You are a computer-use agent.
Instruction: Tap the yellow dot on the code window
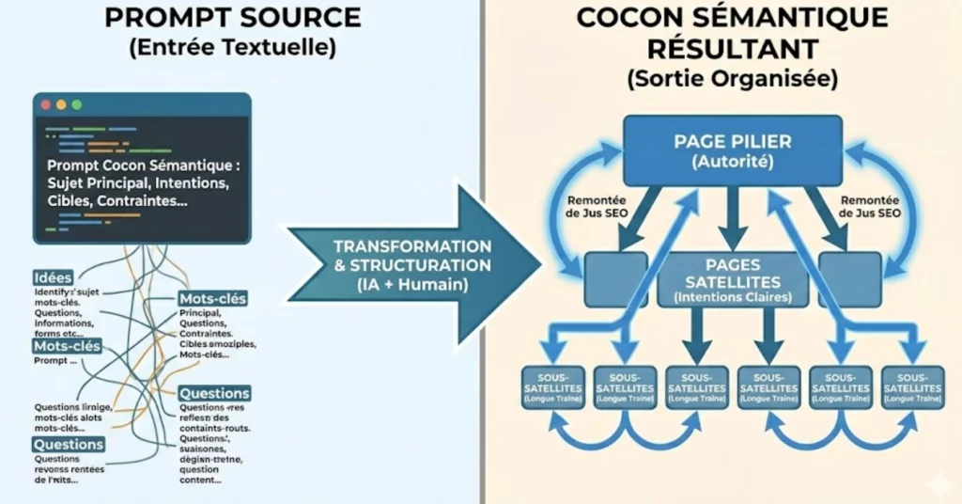click(x=61, y=104)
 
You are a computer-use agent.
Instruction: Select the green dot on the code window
click(x=76, y=104)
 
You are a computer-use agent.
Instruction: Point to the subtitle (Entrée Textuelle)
click(x=231, y=48)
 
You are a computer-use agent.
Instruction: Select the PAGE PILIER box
click(x=733, y=150)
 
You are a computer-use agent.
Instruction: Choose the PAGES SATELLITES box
click(x=734, y=280)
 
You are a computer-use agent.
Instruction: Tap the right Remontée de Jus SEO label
click(x=870, y=207)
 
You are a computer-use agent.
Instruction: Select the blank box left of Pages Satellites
click(x=615, y=279)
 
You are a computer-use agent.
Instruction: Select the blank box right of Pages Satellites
click(x=849, y=279)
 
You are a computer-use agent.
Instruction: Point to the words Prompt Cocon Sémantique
click(x=141, y=165)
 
